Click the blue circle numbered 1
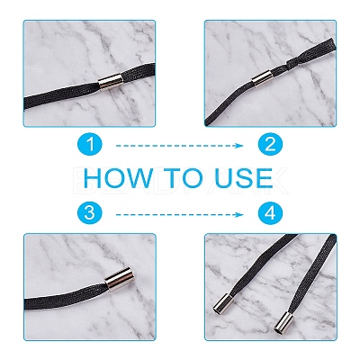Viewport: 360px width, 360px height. tap(90, 145)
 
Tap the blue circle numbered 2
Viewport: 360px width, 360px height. tap(270, 145)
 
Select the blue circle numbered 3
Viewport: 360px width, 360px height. tap(90, 213)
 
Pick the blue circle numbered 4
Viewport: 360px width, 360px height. tap(270, 213)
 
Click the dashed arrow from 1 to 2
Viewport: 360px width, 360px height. tap(179, 146)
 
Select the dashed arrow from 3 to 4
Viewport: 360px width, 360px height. tap(179, 214)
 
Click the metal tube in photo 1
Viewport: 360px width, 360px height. tap(111, 81)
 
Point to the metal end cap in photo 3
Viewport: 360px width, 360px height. tap(118, 280)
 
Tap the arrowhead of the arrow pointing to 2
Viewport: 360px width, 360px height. tap(239, 146)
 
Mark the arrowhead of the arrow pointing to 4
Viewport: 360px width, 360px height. tap(239, 214)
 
